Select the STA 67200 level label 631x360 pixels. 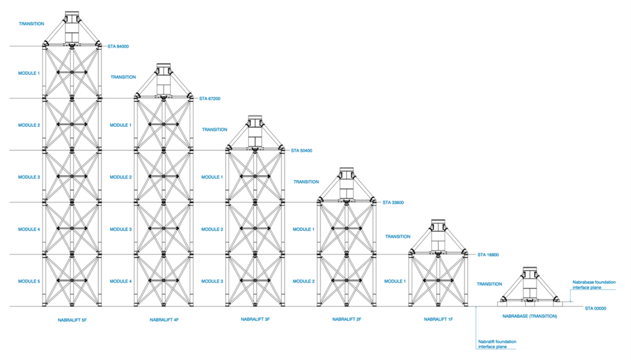tap(212, 99)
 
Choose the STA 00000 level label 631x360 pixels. tap(597, 308)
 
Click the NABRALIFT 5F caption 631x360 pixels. tap(72, 320)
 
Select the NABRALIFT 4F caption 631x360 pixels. tap(164, 320)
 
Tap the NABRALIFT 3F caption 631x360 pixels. tap(255, 320)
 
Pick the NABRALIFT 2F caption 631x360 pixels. tap(346, 320)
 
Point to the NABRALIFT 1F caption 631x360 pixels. tap(438, 320)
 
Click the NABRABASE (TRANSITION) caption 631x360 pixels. tap(529, 316)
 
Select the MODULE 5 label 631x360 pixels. tap(29, 282)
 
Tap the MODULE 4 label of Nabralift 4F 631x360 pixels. tap(120, 282)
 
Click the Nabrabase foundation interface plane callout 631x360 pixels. tap(594, 285)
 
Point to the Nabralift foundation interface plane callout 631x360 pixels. tap(497, 344)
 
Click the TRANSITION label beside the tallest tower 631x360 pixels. tap(31, 24)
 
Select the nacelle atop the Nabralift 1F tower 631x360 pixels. tap(438, 234)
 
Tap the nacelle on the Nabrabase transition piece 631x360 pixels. tap(529, 282)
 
